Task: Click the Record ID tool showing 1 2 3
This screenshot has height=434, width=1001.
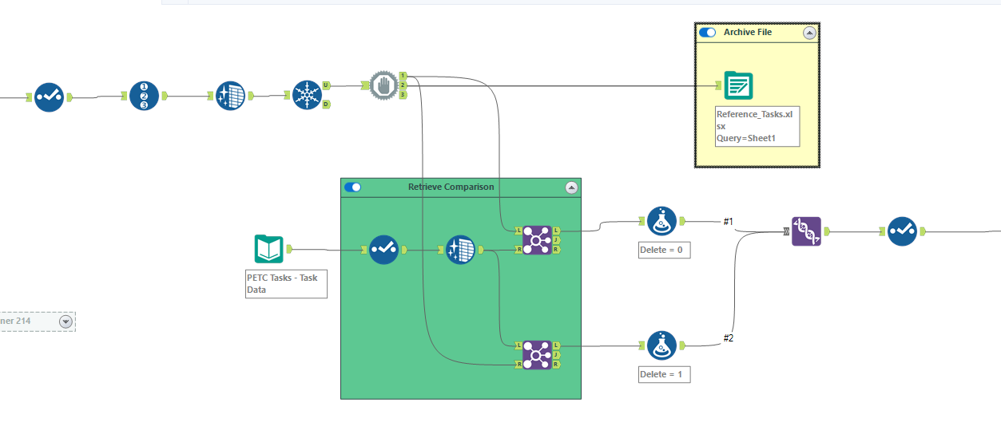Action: tap(144, 97)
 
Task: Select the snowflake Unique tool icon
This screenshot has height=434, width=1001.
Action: tap(307, 96)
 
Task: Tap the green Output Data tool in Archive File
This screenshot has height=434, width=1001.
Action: tap(738, 85)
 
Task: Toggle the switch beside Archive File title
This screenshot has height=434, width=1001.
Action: tap(707, 33)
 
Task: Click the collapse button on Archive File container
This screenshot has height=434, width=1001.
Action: tap(809, 33)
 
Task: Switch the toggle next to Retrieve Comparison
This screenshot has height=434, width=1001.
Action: tap(352, 187)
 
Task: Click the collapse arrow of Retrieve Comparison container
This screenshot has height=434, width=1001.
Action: tap(570, 187)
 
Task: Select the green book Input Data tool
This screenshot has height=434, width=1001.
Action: tap(268, 249)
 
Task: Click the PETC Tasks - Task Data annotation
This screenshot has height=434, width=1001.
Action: tap(286, 283)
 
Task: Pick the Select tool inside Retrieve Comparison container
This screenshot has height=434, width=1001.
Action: tap(383, 250)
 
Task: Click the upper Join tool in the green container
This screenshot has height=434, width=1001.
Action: tap(537, 239)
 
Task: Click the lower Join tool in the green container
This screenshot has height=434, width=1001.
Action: tap(537, 354)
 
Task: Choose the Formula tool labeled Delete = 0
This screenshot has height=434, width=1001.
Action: tap(661, 222)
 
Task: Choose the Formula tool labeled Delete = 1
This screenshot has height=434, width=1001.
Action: tap(661, 345)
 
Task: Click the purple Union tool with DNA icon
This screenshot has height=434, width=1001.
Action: tap(806, 231)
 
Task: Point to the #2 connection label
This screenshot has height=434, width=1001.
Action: tap(728, 338)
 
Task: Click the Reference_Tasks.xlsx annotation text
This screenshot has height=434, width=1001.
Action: tap(756, 126)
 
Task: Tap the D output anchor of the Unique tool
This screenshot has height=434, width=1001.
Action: tap(327, 105)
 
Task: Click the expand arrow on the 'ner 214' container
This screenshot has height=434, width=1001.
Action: tap(66, 322)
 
